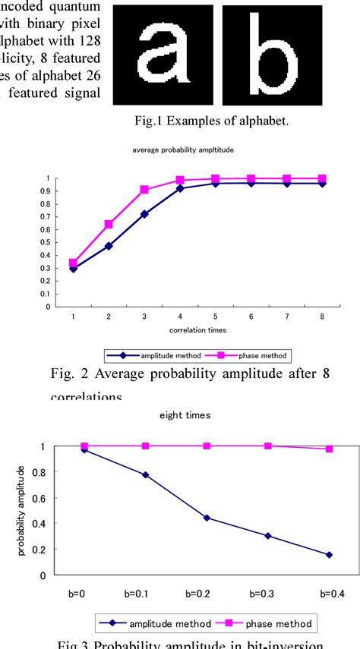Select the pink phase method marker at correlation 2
click(x=109, y=224)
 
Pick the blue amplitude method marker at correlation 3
click(x=144, y=214)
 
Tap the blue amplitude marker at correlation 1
click(x=73, y=269)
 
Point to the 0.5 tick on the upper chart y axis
click(x=47, y=243)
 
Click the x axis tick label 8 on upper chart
click(x=322, y=315)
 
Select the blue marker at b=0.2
click(x=207, y=518)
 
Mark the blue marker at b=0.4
click(x=329, y=555)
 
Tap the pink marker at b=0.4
click(x=329, y=449)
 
